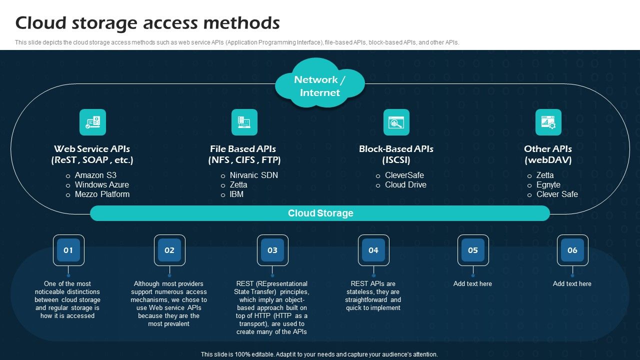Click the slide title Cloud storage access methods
(147, 23)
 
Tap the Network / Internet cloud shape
(319, 86)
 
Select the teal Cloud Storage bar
(320, 213)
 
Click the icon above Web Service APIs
(92, 122)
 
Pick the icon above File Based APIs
(244, 122)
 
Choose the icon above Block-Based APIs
(396, 122)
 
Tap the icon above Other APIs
(548, 122)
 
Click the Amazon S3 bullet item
(95, 175)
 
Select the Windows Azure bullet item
(101, 185)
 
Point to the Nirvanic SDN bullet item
(253, 175)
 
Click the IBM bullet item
(236, 194)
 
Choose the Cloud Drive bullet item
(405, 185)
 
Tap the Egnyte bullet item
(548, 185)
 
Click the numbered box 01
(68, 250)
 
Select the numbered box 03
(272, 250)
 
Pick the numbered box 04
(373, 250)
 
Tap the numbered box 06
(572, 250)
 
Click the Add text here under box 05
(472, 284)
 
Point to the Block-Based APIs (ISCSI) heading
(396, 154)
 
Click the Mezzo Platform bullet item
(102, 194)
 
